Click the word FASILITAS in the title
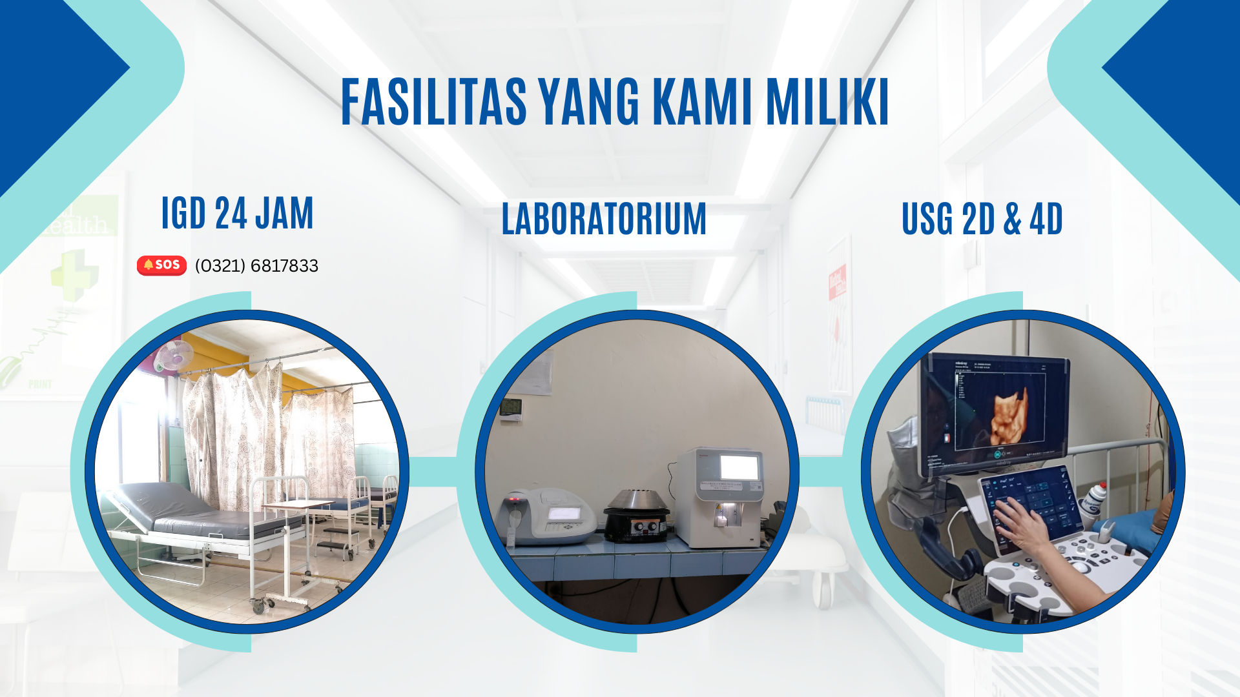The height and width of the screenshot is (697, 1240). [434, 101]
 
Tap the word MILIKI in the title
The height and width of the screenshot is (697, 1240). [827, 101]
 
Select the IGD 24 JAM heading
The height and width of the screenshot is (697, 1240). [237, 213]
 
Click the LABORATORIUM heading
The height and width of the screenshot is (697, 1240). [604, 218]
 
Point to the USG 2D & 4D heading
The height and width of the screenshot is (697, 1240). [982, 218]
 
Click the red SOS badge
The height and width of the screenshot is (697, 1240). [161, 265]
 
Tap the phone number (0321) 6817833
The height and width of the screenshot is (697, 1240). [256, 266]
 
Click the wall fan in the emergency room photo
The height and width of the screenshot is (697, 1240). [174, 356]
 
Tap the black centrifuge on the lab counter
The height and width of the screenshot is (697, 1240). [636, 515]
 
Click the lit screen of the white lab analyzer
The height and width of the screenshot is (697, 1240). [739, 467]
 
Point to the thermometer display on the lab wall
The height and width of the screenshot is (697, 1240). [511, 409]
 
